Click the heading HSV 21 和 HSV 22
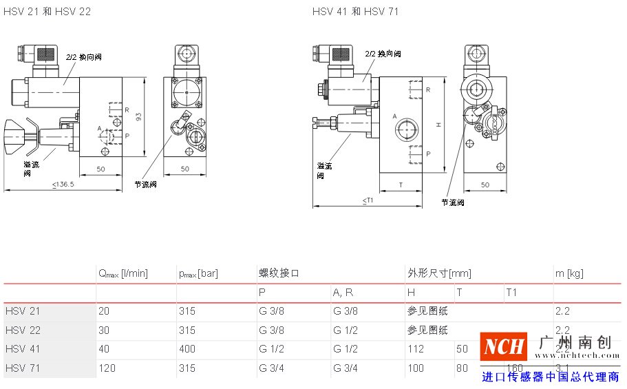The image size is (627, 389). pos(47,12)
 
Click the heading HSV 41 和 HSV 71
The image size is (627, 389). pos(355,12)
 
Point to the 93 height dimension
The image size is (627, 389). pos(138,116)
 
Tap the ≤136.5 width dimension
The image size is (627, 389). pos(63,184)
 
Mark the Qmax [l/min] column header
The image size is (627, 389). pos(123,274)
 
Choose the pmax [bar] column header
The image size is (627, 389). pos(198,274)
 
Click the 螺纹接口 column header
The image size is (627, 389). pos(278,273)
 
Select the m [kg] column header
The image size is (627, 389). pos(569,273)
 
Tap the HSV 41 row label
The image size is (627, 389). pos(23,349)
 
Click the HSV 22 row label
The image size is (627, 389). pos(23,330)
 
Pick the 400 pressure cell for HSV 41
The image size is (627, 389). pos(187,349)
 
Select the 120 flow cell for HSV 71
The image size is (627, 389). pos(107,368)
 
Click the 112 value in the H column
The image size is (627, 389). pos(416,349)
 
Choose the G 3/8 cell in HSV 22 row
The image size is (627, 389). pos(271,330)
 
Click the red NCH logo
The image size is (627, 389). pos(503,346)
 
